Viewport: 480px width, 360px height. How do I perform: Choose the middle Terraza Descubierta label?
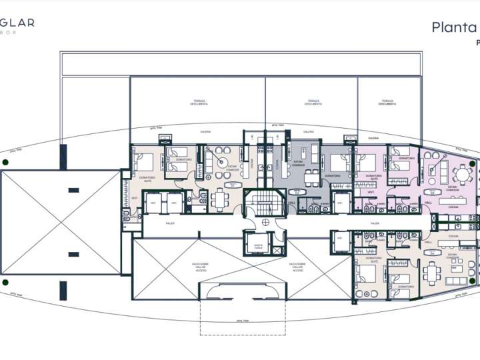tap(313, 103)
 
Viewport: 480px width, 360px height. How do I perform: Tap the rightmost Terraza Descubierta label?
tap(387, 103)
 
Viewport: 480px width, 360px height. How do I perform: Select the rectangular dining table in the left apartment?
tap(219, 198)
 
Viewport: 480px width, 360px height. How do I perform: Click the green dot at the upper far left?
tap(5, 162)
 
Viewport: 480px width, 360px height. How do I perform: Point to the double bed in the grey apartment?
tap(338, 162)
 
